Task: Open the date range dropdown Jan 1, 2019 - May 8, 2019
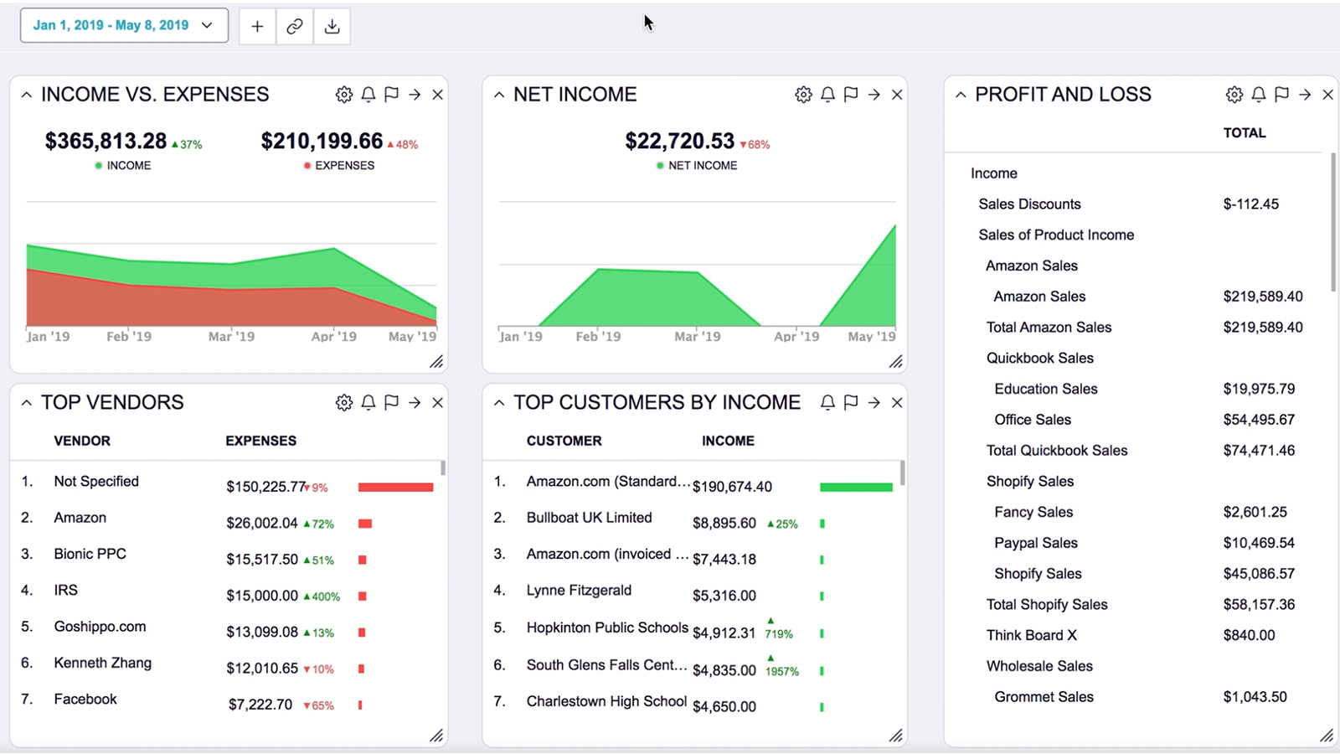123,25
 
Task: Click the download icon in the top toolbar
332,26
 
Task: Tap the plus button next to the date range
257,26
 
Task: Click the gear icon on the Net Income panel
803,95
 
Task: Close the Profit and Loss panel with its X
1327,95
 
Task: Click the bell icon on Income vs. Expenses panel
368,95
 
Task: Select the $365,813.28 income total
106,141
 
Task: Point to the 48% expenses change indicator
403,144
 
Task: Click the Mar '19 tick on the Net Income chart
697,336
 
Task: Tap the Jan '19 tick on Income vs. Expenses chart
48,336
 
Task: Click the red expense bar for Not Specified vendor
395,487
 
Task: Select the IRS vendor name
65,590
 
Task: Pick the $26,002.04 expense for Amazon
261,523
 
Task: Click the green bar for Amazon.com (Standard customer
855,487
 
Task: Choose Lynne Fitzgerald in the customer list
579,590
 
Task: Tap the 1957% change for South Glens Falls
781,670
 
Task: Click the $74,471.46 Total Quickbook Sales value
1258,450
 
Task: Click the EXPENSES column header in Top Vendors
260,441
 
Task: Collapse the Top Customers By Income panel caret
499,403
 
